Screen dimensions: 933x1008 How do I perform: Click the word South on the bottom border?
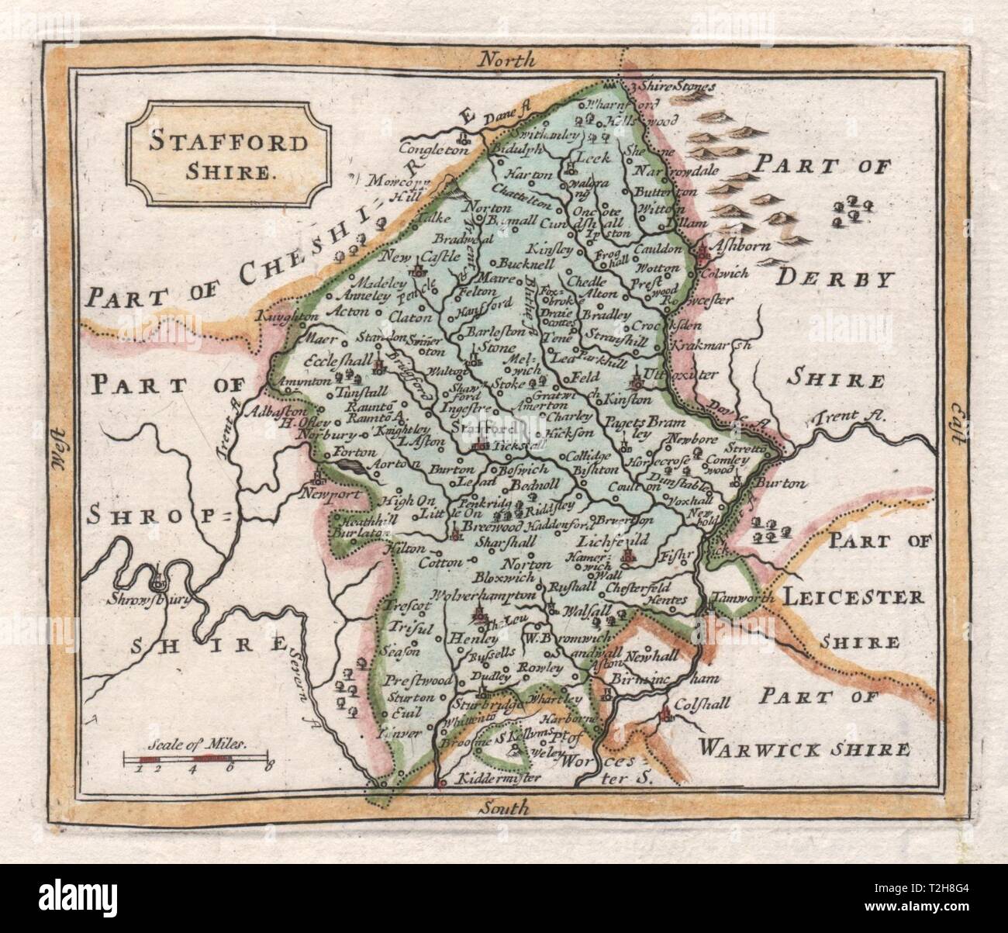[502, 807]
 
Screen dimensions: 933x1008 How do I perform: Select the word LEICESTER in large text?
[853, 597]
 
